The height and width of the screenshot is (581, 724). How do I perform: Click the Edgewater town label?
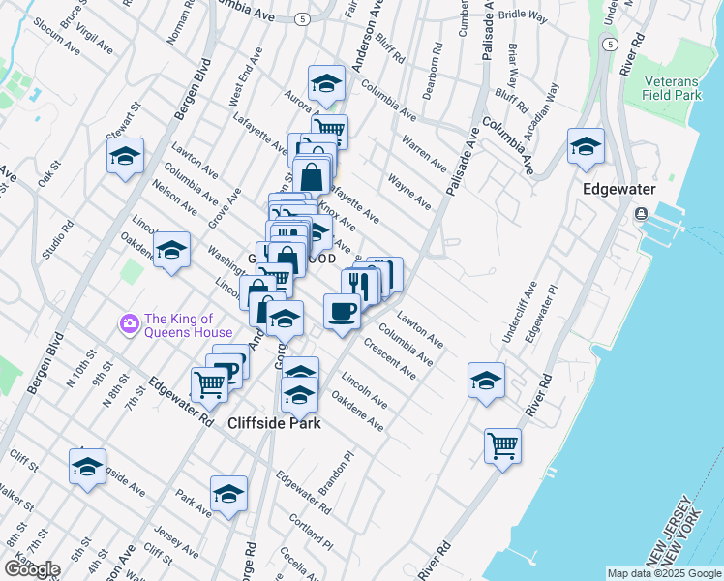(619, 190)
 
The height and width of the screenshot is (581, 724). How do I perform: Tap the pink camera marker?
(128, 322)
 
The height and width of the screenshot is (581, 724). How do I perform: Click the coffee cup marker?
(342, 312)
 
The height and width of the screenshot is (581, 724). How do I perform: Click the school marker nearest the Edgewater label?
(586, 146)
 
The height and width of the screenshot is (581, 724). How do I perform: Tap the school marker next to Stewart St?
(125, 156)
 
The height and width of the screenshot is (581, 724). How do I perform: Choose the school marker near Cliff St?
(87, 467)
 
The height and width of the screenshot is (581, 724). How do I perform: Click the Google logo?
(32, 568)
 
